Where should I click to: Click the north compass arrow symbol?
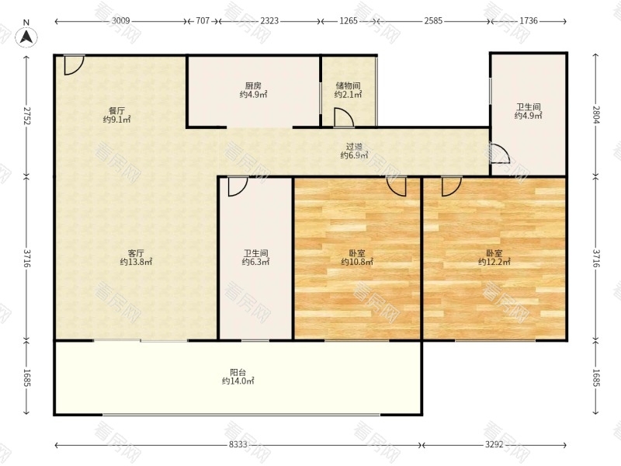(x=26, y=35)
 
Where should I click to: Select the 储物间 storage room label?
(x=348, y=85)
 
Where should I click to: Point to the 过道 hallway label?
(x=354, y=146)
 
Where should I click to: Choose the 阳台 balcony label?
(x=238, y=372)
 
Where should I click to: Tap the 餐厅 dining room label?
(x=116, y=110)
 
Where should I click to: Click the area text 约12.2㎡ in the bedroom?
(x=494, y=263)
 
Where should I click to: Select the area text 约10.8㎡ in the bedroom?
(x=357, y=263)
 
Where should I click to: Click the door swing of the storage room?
(x=343, y=117)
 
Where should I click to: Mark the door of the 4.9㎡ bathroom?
(x=498, y=155)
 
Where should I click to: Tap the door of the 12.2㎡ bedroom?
(x=451, y=186)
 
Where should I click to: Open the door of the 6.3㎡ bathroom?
(x=238, y=186)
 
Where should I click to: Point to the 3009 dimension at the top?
(x=120, y=22)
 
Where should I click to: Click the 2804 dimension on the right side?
(x=596, y=116)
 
